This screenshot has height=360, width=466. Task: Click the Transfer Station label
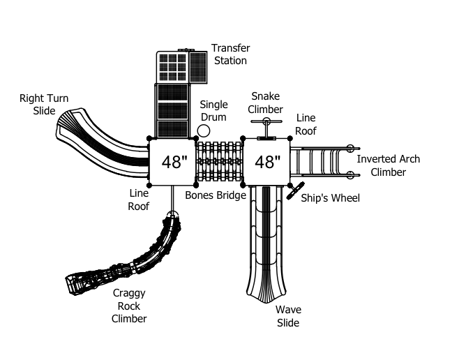point(231,54)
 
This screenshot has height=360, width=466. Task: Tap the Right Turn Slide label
point(44,105)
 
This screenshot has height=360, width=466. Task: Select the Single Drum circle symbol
point(204,130)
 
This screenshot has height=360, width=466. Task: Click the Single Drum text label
point(213,111)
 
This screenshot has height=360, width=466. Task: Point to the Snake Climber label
point(265,103)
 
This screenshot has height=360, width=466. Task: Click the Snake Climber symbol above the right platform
point(266,128)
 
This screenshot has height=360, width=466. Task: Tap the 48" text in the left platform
point(174,163)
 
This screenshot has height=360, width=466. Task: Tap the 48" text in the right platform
point(268,163)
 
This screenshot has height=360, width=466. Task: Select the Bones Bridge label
point(216,195)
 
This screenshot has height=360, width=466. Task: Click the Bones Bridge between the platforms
point(219,161)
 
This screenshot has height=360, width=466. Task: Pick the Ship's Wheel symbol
point(295,190)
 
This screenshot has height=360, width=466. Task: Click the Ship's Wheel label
point(330,198)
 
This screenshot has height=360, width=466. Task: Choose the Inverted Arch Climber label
point(388,165)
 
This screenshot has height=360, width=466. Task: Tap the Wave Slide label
point(288,316)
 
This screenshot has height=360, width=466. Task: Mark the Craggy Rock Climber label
point(129,306)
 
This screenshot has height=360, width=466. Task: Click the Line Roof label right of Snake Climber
point(306,124)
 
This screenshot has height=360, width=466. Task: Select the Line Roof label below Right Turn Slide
point(139,200)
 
